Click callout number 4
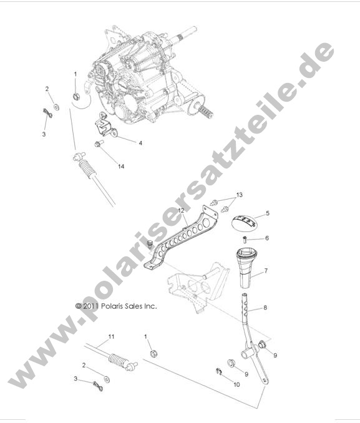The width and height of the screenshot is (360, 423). click(x=140, y=143)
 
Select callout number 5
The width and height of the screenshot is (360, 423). click(x=267, y=213)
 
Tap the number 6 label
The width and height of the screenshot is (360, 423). click(x=267, y=238)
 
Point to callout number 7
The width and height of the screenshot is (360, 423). click(x=266, y=271)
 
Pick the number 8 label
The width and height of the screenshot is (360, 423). click(x=266, y=308)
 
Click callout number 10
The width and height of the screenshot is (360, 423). click(x=236, y=385)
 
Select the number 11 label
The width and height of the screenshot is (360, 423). click(x=112, y=337)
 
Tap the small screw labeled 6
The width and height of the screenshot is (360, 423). click(x=245, y=239)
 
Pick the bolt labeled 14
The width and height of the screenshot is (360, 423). click(x=99, y=145)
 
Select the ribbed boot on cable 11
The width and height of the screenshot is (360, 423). click(x=117, y=361)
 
